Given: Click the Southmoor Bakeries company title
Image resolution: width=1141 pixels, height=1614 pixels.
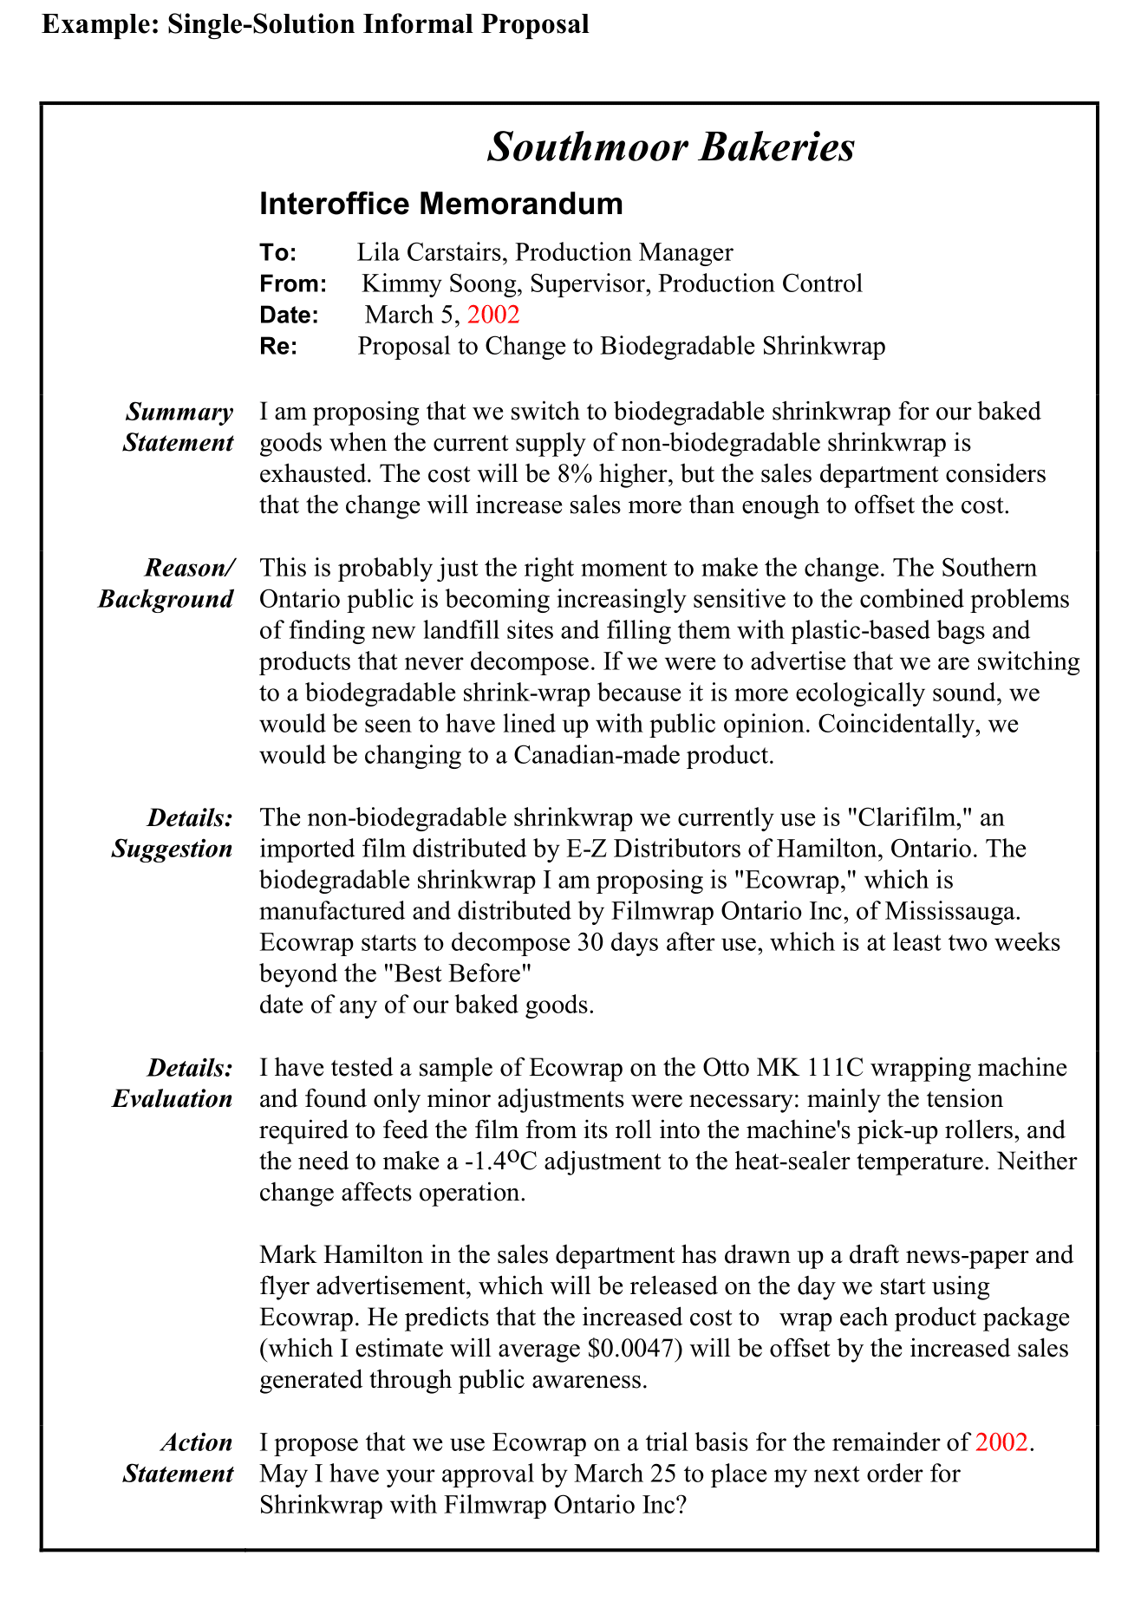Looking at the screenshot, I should (670, 146).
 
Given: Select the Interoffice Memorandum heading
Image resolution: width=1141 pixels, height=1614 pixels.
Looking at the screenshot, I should (440, 204).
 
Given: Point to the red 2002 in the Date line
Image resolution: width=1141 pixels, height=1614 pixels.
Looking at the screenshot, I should (492, 315).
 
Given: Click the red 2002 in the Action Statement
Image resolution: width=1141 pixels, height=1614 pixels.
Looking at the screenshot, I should (1001, 1442).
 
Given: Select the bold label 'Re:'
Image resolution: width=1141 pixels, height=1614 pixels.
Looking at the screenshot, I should (278, 346).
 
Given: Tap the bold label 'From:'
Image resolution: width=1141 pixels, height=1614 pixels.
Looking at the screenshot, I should (292, 283).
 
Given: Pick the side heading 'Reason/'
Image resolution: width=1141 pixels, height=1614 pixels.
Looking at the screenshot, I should (189, 568).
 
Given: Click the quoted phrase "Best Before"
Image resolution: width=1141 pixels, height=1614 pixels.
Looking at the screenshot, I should (456, 973).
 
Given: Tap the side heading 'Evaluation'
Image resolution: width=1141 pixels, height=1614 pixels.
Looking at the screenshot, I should (173, 1098).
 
